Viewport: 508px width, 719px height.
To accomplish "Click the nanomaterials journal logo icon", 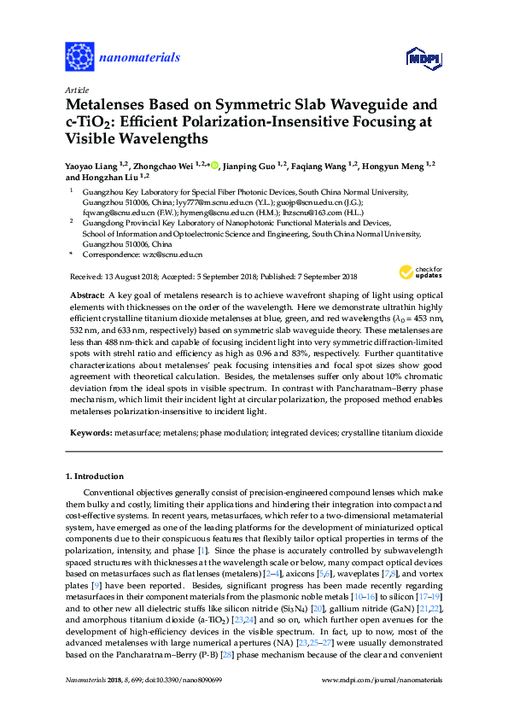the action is pos(79,56).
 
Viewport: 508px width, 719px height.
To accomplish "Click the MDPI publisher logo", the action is pos(425,59).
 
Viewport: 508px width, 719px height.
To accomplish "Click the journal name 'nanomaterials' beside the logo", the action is pos(140,57).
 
